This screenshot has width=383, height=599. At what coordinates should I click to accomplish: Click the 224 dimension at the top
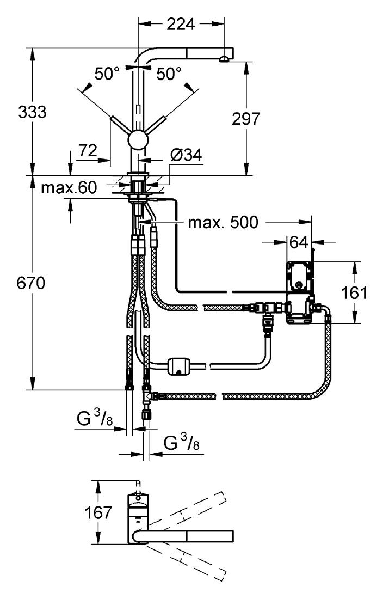[x=181, y=24]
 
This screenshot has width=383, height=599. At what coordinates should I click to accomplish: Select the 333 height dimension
[x=33, y=112]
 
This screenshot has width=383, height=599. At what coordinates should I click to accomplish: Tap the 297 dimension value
[x=246, y=119]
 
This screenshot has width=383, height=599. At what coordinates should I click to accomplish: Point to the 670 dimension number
[x=31, y=283]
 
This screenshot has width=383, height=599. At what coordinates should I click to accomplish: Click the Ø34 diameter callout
[x=186, y=155]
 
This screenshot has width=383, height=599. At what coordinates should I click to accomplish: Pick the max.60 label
[x=69, y=187]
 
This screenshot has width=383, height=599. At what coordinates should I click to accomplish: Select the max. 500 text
[x=223, y=222]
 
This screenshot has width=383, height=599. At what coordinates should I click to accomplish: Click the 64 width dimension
[x=299, y=242]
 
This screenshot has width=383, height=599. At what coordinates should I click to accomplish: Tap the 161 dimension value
[x=354, y=293]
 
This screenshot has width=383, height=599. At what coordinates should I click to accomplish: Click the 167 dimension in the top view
[x=98, y=512]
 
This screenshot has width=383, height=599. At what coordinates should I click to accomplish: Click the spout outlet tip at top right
[x=224, y=59]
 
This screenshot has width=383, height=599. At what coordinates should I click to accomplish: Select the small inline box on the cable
[x=179, y=366]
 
